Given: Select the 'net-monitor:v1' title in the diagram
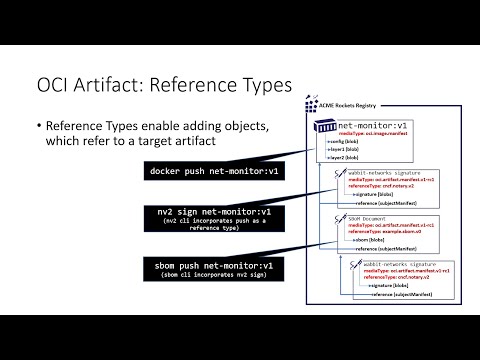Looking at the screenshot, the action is point(372,125).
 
